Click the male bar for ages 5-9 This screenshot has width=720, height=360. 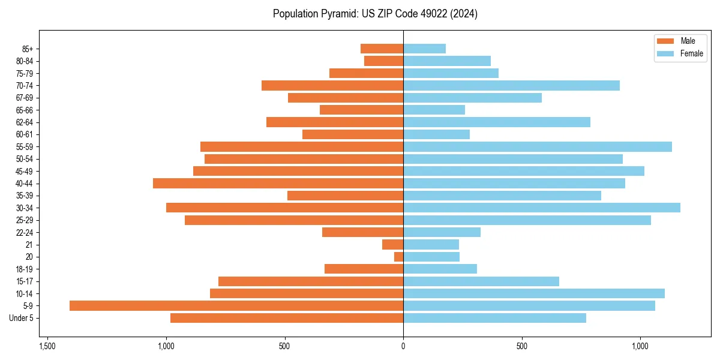click(236, 306)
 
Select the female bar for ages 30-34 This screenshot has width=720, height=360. click(542, 208)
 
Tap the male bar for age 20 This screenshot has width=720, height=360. click(398, 257)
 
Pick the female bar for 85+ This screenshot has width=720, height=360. click(424, 49)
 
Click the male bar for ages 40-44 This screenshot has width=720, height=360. click(278, 183)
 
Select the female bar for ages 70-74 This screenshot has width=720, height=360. click(511, 85)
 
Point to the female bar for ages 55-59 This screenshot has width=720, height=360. click(538, 146)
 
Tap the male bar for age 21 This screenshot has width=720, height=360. click(392, 245)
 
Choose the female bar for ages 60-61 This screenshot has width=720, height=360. click(436, 134)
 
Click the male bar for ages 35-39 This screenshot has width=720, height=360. click(345, 196)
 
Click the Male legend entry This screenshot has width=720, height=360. click(688, 41)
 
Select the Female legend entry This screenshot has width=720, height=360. click(691, 53)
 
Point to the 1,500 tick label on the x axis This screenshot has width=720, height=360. click(47, 346)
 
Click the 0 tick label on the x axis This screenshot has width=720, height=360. click(403, 346)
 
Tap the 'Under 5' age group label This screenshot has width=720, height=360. click(21, 318)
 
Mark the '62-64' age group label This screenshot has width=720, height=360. click(25, 122)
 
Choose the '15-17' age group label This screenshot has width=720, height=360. click(25, 281)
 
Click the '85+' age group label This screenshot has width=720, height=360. click(27, 49)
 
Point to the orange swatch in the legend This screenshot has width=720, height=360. click(665, 41)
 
